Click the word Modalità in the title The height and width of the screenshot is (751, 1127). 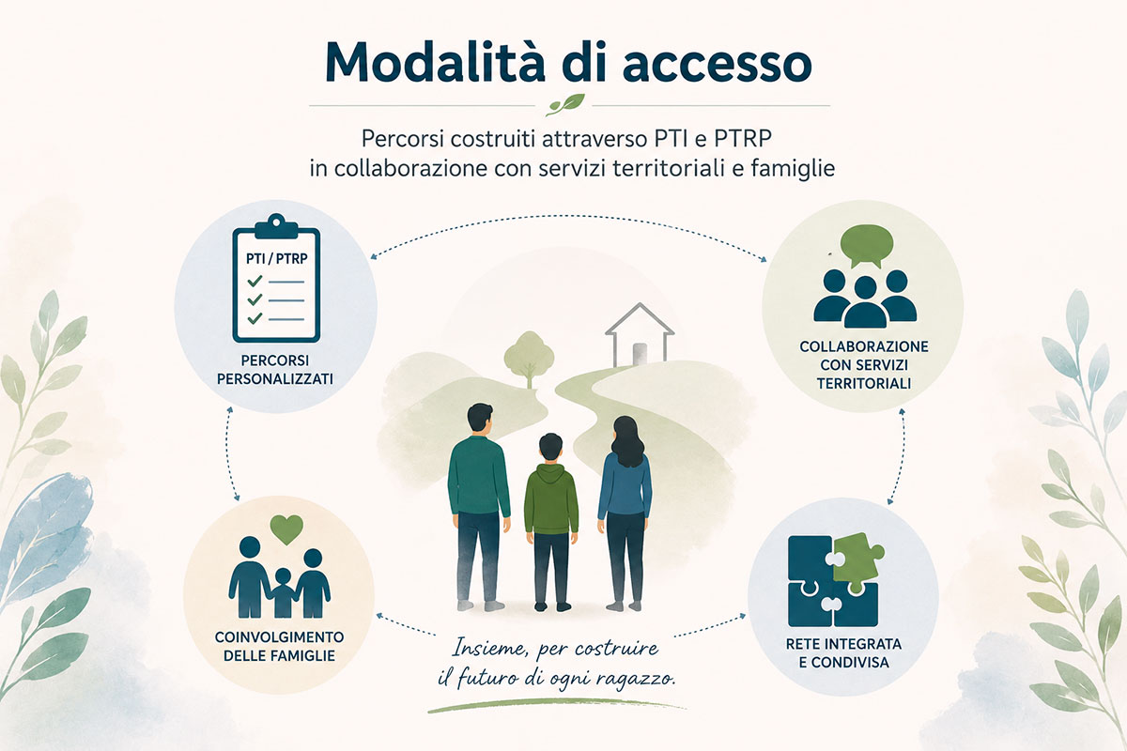point(435,63)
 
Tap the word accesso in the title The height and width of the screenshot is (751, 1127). point(718,66)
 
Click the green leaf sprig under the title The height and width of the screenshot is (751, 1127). point(566,104)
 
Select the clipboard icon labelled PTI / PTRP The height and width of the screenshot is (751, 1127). point(276,278)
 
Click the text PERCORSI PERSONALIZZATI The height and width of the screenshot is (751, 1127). point(275,370)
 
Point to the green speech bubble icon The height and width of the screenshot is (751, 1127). point(867,246)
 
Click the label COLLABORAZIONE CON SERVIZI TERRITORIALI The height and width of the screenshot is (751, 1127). point(864,364)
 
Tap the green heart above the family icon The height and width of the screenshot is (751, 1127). point(286,529)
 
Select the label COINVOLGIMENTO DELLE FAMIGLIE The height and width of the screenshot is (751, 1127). point(279,647)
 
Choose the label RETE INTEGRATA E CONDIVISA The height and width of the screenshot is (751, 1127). point(843,653)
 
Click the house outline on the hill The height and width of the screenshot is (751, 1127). point(640,334)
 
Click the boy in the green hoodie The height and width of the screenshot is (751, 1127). point(551,522)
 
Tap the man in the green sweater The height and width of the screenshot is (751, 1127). point(479,507)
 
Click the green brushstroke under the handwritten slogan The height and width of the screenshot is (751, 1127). point(556,706)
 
